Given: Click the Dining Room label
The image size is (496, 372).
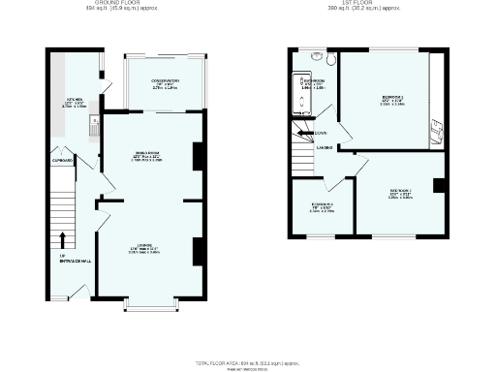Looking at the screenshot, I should point(147,156).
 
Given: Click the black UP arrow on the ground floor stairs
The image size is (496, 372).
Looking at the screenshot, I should point(63,238).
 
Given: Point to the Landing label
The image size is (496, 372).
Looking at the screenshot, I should point(324,147).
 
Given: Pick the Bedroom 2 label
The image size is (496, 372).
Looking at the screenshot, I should point(401,192).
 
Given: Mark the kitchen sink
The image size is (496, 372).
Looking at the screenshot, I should point(92,123).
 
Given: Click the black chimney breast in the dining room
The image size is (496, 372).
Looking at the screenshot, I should point(199,156).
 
